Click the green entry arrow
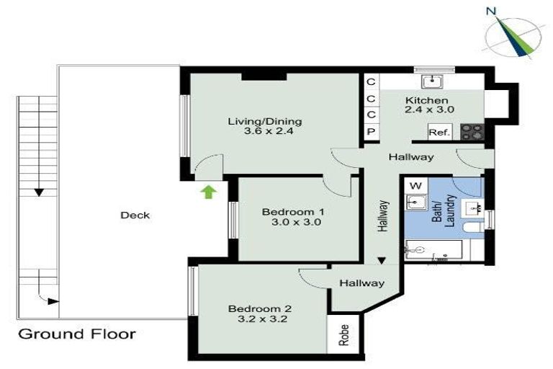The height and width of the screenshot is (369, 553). [209, 191]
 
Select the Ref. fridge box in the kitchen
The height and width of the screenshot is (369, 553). [439, 132]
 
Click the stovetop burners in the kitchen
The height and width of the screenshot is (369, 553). [472, 132]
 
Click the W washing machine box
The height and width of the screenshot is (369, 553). [415, 185]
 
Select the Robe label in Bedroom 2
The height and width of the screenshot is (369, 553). [344, 335]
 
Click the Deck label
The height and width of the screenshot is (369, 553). [135, 215]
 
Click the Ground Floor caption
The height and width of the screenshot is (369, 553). [76, 334]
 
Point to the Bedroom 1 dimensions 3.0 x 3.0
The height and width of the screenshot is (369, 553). [291, 223]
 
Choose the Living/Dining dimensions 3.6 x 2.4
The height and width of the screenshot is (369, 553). [264, 132]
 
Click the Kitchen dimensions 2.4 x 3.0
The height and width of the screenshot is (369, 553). [429, 110]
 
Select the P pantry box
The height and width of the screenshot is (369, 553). [371, 132]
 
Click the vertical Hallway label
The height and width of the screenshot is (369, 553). [384, 215]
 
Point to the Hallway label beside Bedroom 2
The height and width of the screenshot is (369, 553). [362, 283]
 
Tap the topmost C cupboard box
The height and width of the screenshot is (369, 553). [371, 81]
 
